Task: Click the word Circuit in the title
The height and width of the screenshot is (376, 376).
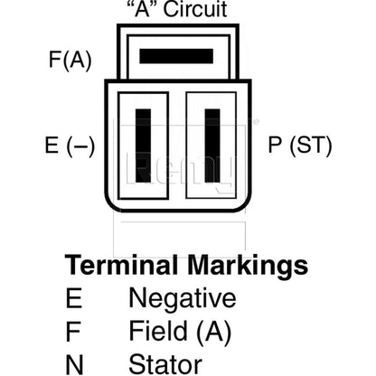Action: pyautogui.click(x=195, y=9)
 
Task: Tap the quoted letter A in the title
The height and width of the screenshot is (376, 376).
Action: pyautogui.click(x=142, y=9)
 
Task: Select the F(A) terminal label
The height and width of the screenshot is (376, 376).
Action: pyautogui.click(x=70, y=60)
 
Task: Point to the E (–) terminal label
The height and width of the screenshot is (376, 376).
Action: pyautogui.click(x=70, y=146)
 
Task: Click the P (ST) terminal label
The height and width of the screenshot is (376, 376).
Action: pyautogui.click(x=300, y=146)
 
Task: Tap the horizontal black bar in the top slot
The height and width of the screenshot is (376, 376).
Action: pyautogui.click(x=176, y=56)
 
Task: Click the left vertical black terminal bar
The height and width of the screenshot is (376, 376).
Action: pyautogui.click(x=143, y=146)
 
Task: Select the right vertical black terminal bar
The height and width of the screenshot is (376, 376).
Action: pyautogui.click(x=212, y=146)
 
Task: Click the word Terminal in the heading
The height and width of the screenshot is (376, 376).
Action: pyautogui.click(x=121, y=266)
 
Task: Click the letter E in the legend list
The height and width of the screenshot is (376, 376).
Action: pyautogui.click(x=74, y=298)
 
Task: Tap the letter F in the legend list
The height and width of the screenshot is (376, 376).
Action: pyautogui.click(x=73, y=332)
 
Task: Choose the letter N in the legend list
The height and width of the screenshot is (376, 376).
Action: pyautogui.click(x=74, y=364)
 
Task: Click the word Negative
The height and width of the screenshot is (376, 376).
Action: pyautogui.click(x=183, y=299)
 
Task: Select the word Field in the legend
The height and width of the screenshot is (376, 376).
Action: pyautogui.click(x=158, y=331)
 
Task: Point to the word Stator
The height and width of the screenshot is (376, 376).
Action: pyautogui.click(x=165, y=364)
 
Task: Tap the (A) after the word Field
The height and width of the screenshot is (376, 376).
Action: pyautogui.click(x=214, y=332)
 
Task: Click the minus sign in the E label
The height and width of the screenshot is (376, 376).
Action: pyautogui.click(x=80, y=146)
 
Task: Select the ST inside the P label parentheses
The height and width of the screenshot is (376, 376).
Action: pyautogui.click(x=310, y=146)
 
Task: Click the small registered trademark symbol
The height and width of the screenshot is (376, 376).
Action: pyautogui.click(x=257, y=122)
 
